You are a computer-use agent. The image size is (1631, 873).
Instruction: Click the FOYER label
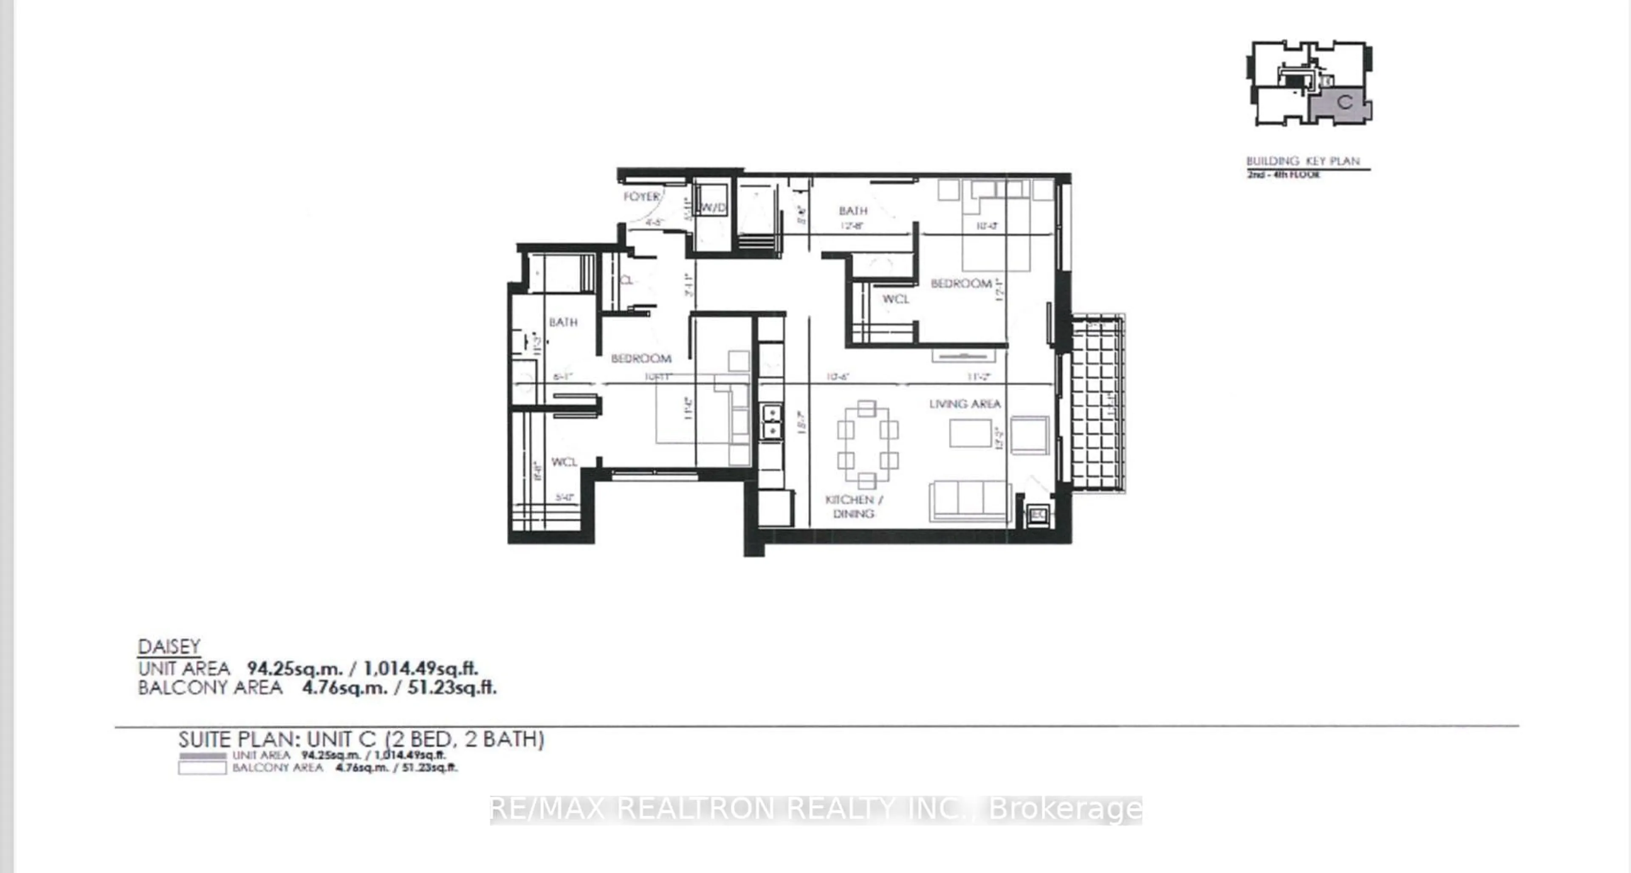[x=641, y=197]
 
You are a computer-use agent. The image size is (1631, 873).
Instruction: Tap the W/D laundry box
[x=712, y=208]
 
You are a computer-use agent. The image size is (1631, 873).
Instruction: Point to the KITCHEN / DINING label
[x=853, y=507]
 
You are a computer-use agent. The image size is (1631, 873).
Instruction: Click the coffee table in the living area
[x=970, y=434]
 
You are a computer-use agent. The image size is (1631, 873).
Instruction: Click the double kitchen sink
[x=772, y=422]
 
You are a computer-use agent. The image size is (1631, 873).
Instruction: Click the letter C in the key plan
[x=1345, y=102]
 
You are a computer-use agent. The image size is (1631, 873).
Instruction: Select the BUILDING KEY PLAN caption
[x=1303, y=161]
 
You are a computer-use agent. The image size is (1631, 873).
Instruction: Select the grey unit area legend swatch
[x=202, y=756]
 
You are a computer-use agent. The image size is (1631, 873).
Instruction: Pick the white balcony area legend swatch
[x=202, y=768]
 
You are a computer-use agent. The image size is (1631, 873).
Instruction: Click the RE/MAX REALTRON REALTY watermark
[x=815, y=809]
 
